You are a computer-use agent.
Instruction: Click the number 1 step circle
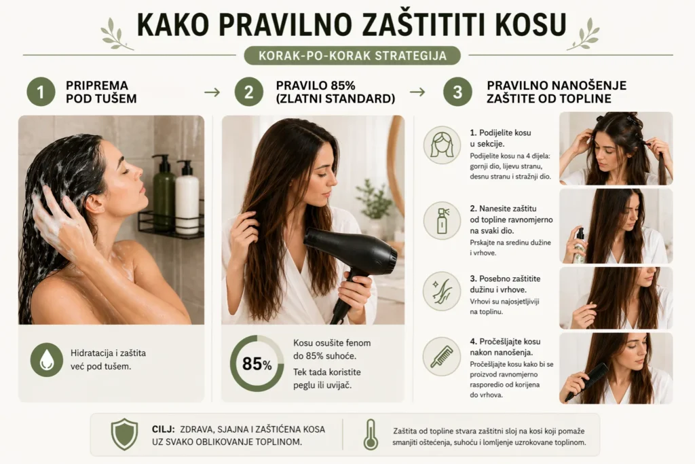(x=41, y=92)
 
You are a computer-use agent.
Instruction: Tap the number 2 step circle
(x=248, y=92)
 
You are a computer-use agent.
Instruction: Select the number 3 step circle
(x=457, y=92)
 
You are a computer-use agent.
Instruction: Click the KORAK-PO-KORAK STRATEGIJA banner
(x=352, y=56)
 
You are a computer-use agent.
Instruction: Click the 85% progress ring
(x=257, y=363)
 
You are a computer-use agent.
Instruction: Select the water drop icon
(x=47, y=360)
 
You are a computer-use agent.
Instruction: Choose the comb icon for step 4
(x=442, y=356)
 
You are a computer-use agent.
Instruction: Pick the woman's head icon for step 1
(x=442, y=145)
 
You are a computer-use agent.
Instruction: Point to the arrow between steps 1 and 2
(x=212, y=92)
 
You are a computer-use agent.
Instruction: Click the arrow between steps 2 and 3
(x=417, y=92)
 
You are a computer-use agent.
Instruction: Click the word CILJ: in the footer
(x=164, y=429)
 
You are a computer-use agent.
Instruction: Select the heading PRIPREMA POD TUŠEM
(x=101, y=92)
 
